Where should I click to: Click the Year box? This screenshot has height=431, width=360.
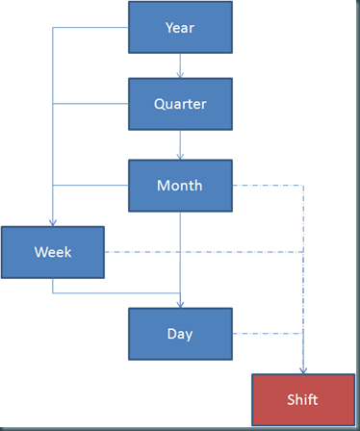point(180,27)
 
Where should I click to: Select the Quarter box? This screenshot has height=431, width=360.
point(180,104)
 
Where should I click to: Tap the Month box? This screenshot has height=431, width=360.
point(180,186)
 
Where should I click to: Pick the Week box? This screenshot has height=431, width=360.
point(53,252)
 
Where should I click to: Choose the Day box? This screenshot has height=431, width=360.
point(180,334)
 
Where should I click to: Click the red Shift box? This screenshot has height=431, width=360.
point(303,399)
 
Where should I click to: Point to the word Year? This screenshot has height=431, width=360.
point(180,28)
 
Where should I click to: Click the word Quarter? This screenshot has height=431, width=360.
point(180,104)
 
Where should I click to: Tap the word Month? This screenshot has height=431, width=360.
point(180,186)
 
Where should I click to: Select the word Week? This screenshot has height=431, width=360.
point(53,252)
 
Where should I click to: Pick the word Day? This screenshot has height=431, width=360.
point(180,335)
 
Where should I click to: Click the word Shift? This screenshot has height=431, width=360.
point(302,399)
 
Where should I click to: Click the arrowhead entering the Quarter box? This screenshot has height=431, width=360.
point(180,75)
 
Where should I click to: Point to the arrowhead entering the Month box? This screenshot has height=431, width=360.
point(180,156)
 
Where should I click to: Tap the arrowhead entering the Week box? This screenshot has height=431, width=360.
point(53,222)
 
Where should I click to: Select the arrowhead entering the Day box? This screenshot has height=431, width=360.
point(180,304)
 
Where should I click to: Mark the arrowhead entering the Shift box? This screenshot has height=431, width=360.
point(303,370)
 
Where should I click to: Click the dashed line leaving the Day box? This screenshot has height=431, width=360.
point(268,334)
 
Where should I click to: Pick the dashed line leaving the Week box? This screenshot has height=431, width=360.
point(204,252)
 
